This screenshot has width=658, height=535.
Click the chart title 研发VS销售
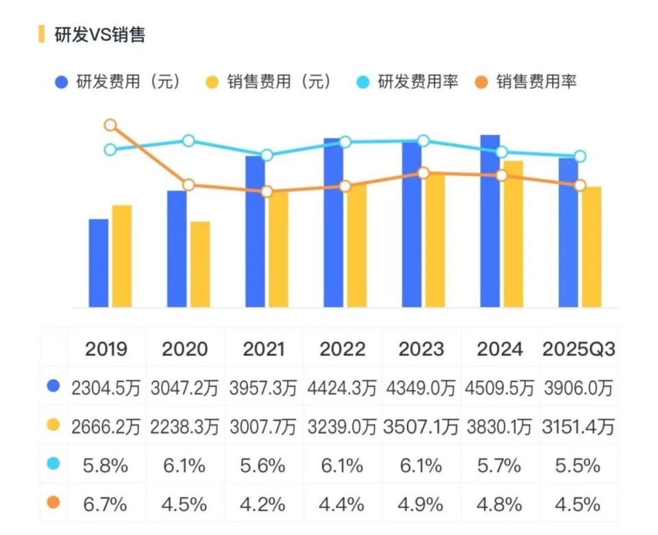click(99, 34)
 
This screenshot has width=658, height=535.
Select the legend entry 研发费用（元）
click(119, 82)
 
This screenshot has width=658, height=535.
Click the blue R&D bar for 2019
click(99, 263)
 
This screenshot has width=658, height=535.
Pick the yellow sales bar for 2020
click(200, 264)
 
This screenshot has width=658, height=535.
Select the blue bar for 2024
click(489, 221)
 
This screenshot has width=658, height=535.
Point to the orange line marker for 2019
click(110, 125)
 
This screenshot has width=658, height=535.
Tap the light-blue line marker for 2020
click(189, 141)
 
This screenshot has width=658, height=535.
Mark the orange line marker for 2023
click(424, 173)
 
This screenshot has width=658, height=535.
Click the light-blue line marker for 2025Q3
click(580, 156)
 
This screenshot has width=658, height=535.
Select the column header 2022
click(342, 349)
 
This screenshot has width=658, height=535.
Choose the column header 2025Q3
click(578, 349)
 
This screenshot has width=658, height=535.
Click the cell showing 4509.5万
click(498, 388)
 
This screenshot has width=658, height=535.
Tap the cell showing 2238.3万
click(184, 427)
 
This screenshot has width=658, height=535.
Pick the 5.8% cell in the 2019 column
click(106, 466)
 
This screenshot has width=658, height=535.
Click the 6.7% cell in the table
click(106, 505)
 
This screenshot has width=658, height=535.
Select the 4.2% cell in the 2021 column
click(263, 505)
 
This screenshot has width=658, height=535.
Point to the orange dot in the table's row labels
click(53, 503)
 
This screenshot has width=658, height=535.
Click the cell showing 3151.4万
click(578, 427)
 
